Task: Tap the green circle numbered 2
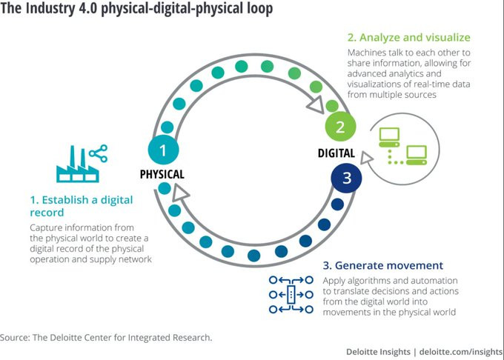point(339,126)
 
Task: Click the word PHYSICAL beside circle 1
point(162,175)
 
